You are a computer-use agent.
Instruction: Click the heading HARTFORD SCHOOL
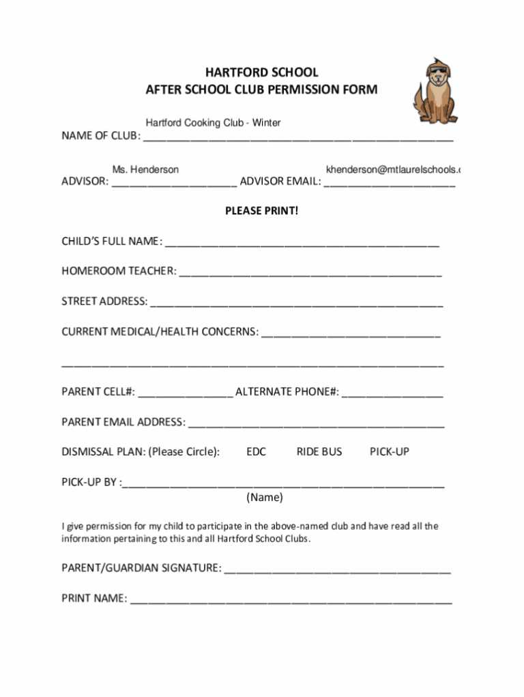coord(261,72)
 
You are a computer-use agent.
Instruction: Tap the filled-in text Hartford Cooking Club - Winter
coord(213,123)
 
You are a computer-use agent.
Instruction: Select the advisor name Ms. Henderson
coord(145,169)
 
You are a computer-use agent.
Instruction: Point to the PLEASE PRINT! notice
coord(261,211)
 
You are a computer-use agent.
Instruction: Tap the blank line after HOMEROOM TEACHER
coord(310,273)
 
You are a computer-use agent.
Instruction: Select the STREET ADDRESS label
coord(104,302)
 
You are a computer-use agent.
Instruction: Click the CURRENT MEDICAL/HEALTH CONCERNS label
coord(160,332)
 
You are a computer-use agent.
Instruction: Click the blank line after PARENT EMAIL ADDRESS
coord(316,425)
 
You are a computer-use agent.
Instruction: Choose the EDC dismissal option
coord(256,452)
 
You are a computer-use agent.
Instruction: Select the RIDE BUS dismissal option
coord(319,452)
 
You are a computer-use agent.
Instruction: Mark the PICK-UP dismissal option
coord(389,452)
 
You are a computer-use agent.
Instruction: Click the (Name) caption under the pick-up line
coord(264,498)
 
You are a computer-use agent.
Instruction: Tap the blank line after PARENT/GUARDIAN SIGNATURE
coord(337,571)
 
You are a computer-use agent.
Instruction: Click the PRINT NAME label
coord(94,599)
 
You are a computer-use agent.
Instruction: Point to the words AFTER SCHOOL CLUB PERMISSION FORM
coord(261,90)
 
